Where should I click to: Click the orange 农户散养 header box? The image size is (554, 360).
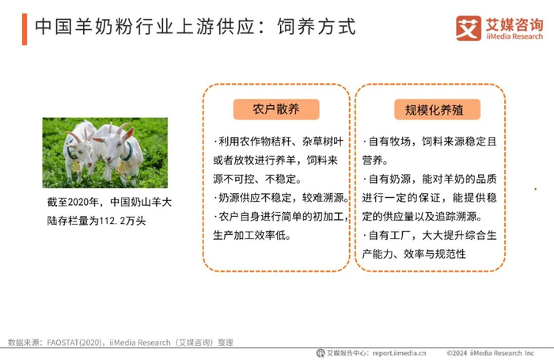(276, 109)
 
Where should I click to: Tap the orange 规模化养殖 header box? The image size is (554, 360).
(437, 109)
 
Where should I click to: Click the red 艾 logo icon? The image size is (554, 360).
(469, 28)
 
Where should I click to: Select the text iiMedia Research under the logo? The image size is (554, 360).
(514, 36)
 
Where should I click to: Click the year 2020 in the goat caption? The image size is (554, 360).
(78, 203)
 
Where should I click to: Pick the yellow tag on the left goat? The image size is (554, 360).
(76, 166)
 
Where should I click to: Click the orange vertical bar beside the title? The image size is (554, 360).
(25, 29)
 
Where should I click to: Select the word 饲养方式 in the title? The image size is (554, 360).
(317, 27)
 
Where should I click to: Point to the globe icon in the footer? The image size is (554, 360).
(321, 353)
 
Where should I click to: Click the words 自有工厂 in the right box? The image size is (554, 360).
(389, 235)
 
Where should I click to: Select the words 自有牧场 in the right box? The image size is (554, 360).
(389, 142)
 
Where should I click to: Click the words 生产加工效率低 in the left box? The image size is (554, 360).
(249, 235)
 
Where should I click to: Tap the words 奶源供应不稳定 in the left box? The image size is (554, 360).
(255, 198)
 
